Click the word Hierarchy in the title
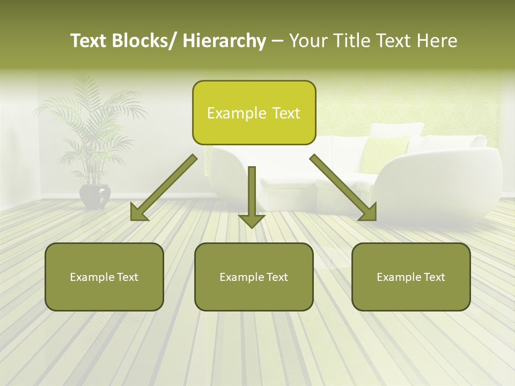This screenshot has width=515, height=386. pyautogui.click(x=224, y=41)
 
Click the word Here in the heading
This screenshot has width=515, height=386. pyautogui.click(x=438, y=41)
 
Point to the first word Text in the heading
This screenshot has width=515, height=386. pyautogui.click(x=92, y=41)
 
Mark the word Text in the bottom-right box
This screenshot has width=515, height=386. pyautogui.click(x=433, y=277)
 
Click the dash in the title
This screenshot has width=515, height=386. pyautogui.click(x=277, y=41)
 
